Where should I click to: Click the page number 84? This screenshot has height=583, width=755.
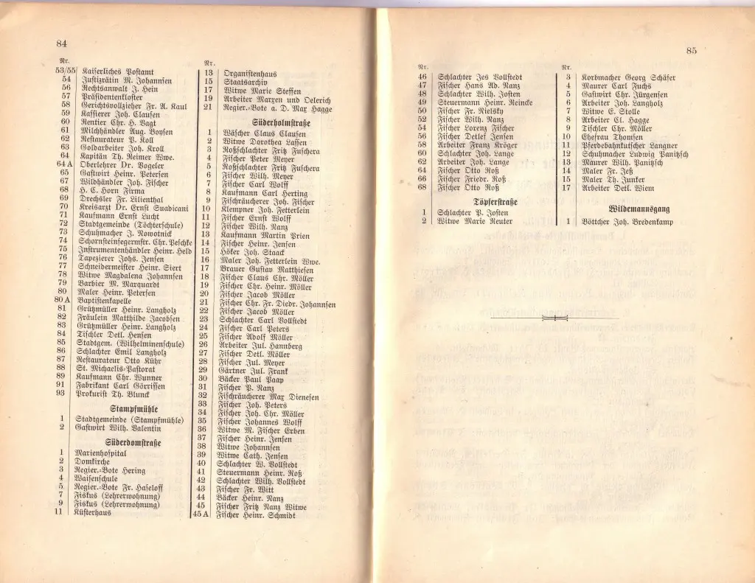point(62,46)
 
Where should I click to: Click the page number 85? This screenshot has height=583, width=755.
point(691,50)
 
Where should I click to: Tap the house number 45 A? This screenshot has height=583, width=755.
point(201,514)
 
